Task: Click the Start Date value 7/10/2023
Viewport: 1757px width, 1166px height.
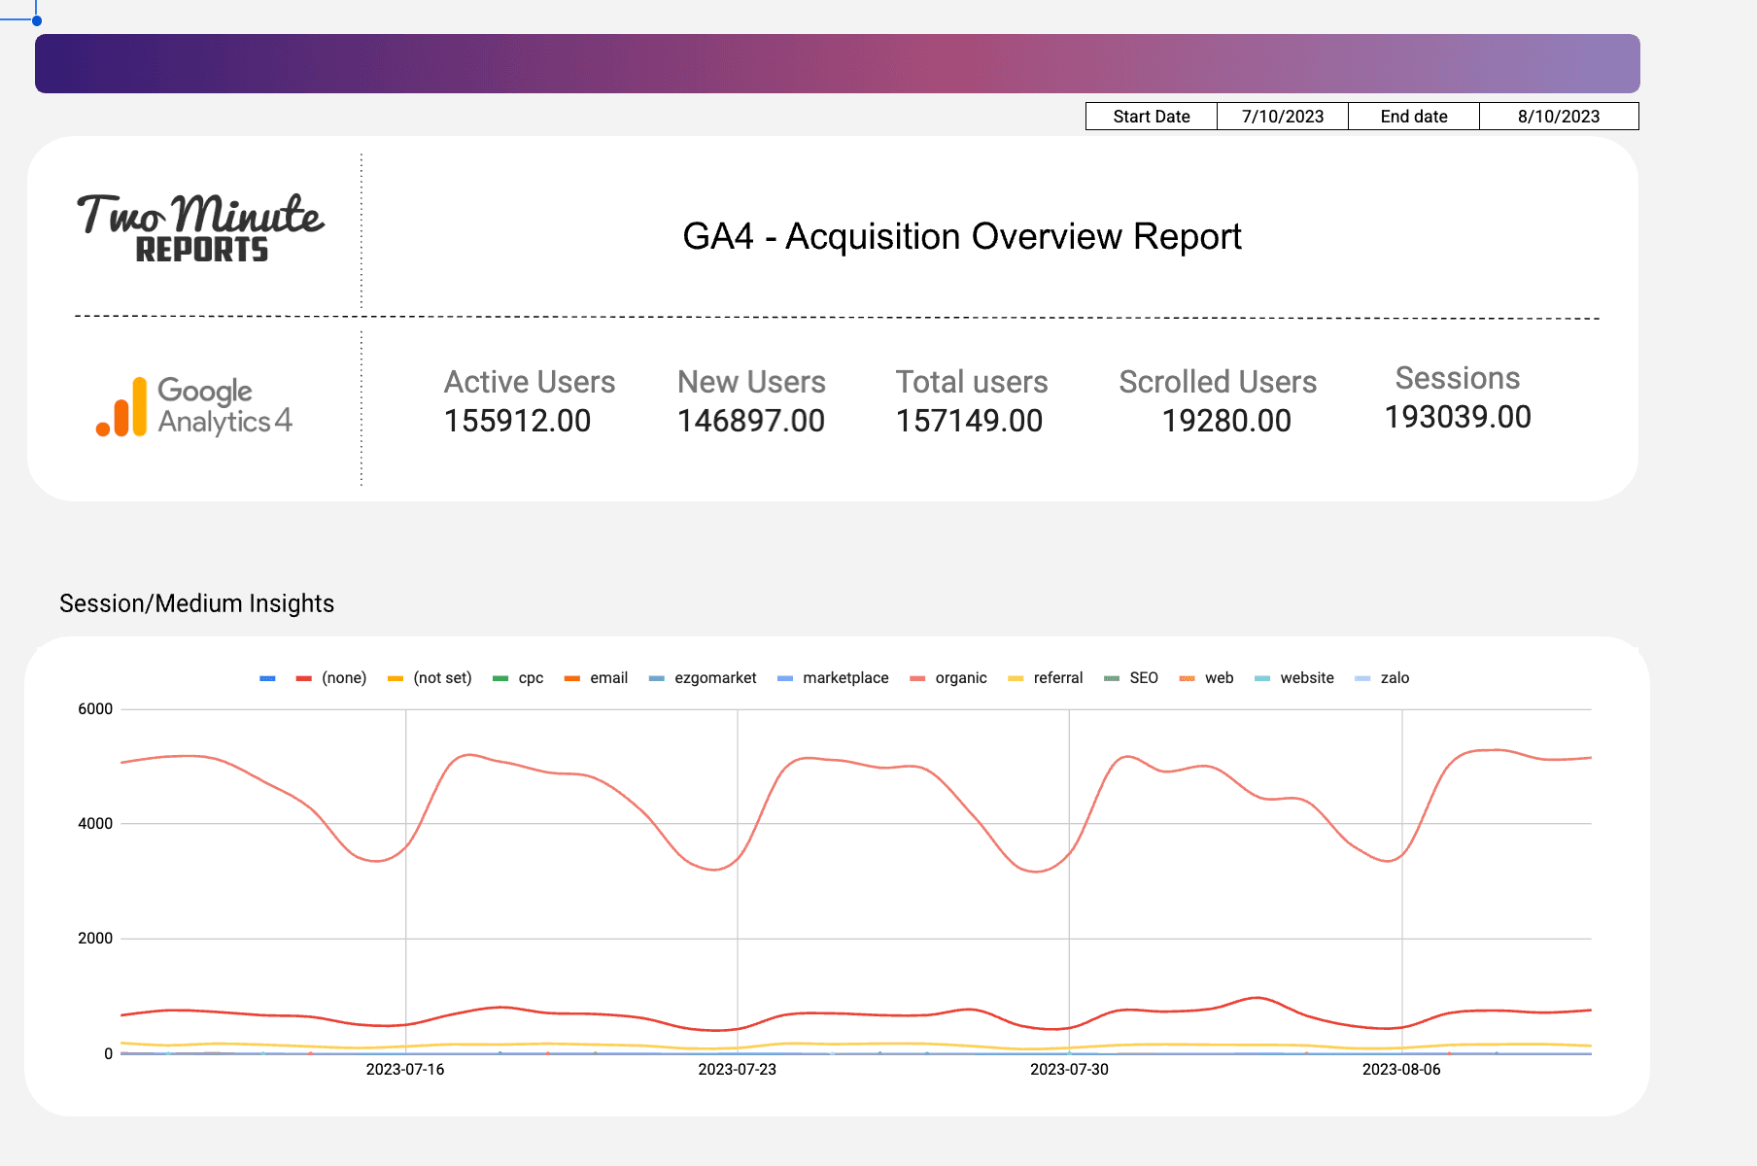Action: pyautogui.click(x=1283, y=117)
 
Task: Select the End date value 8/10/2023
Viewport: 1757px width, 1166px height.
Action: pyautogui.click(x=1559, y=117)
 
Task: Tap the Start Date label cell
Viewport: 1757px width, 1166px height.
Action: pyautogui.click(x=1152, y=117)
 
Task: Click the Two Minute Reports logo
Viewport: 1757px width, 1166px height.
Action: pyautogui.click(x=200, y=227)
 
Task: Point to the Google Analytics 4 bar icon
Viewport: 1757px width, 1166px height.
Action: pyautogui.click(x=122, y=407)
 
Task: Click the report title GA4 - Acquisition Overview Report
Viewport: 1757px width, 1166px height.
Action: pyautogui.click(x=962, y=236)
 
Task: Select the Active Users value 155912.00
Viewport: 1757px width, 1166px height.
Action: pyautogui.click(x=517, y=421)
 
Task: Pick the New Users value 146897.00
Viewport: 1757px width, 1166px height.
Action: pyautogui.click(x=751, y=421)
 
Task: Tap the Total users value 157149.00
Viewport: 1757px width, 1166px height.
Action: pyautogui.click(x=969, y=421)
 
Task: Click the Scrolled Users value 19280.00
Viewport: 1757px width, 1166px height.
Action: pyautogui.click(x=1226, y=421)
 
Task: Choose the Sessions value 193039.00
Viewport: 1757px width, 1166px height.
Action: pyautogui.click(x=1458, y=417)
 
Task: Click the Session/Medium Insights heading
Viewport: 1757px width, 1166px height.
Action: pyautogui.click(x=197, y=603)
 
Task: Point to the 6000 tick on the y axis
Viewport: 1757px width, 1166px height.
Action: pyautogui.click(x=95, y=709)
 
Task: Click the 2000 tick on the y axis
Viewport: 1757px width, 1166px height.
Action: pyautogui.click(x=95, y=939)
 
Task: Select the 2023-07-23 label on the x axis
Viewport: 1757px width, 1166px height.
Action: pyautogui.click(x=737, y=1070)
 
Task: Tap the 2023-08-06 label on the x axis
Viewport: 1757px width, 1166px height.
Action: pyautogui.click(x=1400, y=1070)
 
